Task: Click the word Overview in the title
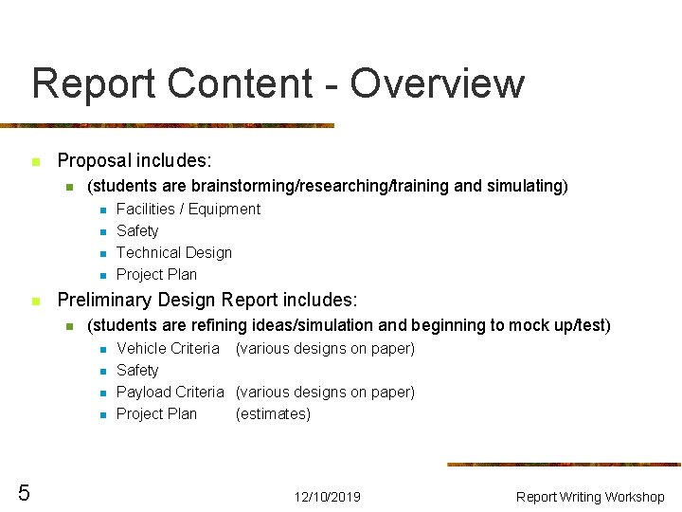(x=437, y=83)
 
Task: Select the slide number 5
(x=24, y=492)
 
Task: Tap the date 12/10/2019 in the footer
(x=327, y=497)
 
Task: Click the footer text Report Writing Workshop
(x=590, y=497)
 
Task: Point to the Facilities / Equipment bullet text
(x=188, y=210)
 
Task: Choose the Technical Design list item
(x=173, y=253)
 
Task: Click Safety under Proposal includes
(x=137, y=231)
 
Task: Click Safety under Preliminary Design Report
(x=137, y=371)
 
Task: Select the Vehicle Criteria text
(x=168, y=349)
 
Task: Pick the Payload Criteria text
(x=170, y=393)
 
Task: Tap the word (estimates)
(x=273, y=414)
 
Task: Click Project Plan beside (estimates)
(x=156, y=414)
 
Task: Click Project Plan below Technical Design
(x=156, y=275)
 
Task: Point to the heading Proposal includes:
(x=135, y=161)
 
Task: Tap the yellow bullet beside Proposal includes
(x=35, y=162)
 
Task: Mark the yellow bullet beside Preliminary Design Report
(x=35, y=302)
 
